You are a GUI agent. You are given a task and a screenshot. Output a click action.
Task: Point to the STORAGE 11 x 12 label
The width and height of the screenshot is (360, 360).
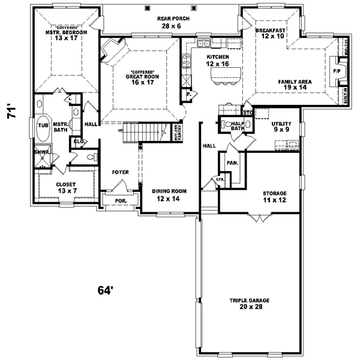coord(274,196)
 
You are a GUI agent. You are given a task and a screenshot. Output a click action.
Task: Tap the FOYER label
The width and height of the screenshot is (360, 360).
coord(121,172)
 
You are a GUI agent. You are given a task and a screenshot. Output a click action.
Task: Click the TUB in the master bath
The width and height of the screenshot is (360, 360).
coord(43,125)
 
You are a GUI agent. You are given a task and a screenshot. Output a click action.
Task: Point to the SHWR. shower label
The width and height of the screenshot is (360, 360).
coord(41,152)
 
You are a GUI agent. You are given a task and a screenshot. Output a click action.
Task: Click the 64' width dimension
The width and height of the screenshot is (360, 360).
coord(106,290)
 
